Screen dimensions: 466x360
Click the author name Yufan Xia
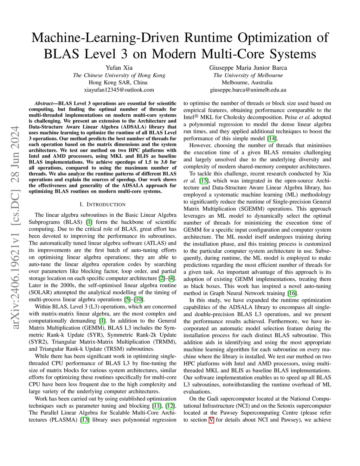119,68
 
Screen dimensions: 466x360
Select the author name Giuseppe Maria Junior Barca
248,68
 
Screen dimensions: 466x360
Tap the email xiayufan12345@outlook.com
119,90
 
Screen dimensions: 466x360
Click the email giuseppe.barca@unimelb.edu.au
248,90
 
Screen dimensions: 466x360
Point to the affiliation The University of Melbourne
248,75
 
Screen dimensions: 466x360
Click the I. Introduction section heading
102,204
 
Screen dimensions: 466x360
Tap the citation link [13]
85,420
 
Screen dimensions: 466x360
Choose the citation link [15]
204,180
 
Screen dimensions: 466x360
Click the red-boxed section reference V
211,420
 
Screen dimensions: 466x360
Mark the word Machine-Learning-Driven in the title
105,38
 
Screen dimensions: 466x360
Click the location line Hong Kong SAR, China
118,83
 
